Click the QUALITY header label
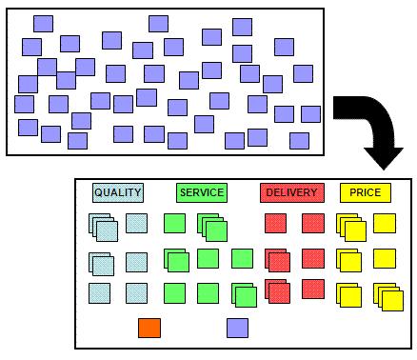pyautogui.click(x=118, y=193)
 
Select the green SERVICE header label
pyautogui.click(x=202, y=193)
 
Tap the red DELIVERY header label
pyautogui.click(x=291, y=193)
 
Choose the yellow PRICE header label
pyautogui.click(x=365, y=193)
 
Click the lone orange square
pyautogui.click(x=149, y=328)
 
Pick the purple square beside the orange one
pyautogui.click(x=238, y=328)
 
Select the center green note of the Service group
pyautogui.click(x=208, y=258)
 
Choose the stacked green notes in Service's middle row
pyautogui.click(x=176, y=260)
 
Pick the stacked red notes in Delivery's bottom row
pyautogui.click(x=277, y=290)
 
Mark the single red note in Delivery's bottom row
pyautogui.click(x=312, y=288)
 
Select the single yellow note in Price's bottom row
pyautogui.click(x=348, y=294)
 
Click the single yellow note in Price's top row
pyautogui.click(x=384, y=223)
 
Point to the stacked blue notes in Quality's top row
pyautogui.click(x=104, y=228)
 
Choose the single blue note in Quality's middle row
pyautogui.click(x=137, y=261)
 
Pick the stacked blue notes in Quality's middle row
pyautogui.click(x=102, y=264)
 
